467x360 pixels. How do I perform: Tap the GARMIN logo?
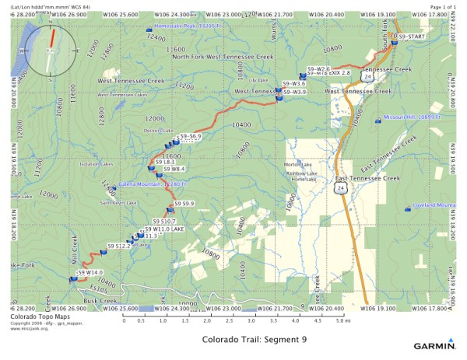pos(435,344)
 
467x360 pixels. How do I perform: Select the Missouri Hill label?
pos(413,117)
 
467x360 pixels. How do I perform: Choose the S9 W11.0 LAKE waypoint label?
pos(167,229)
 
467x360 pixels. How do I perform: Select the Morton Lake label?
pos(298,165)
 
